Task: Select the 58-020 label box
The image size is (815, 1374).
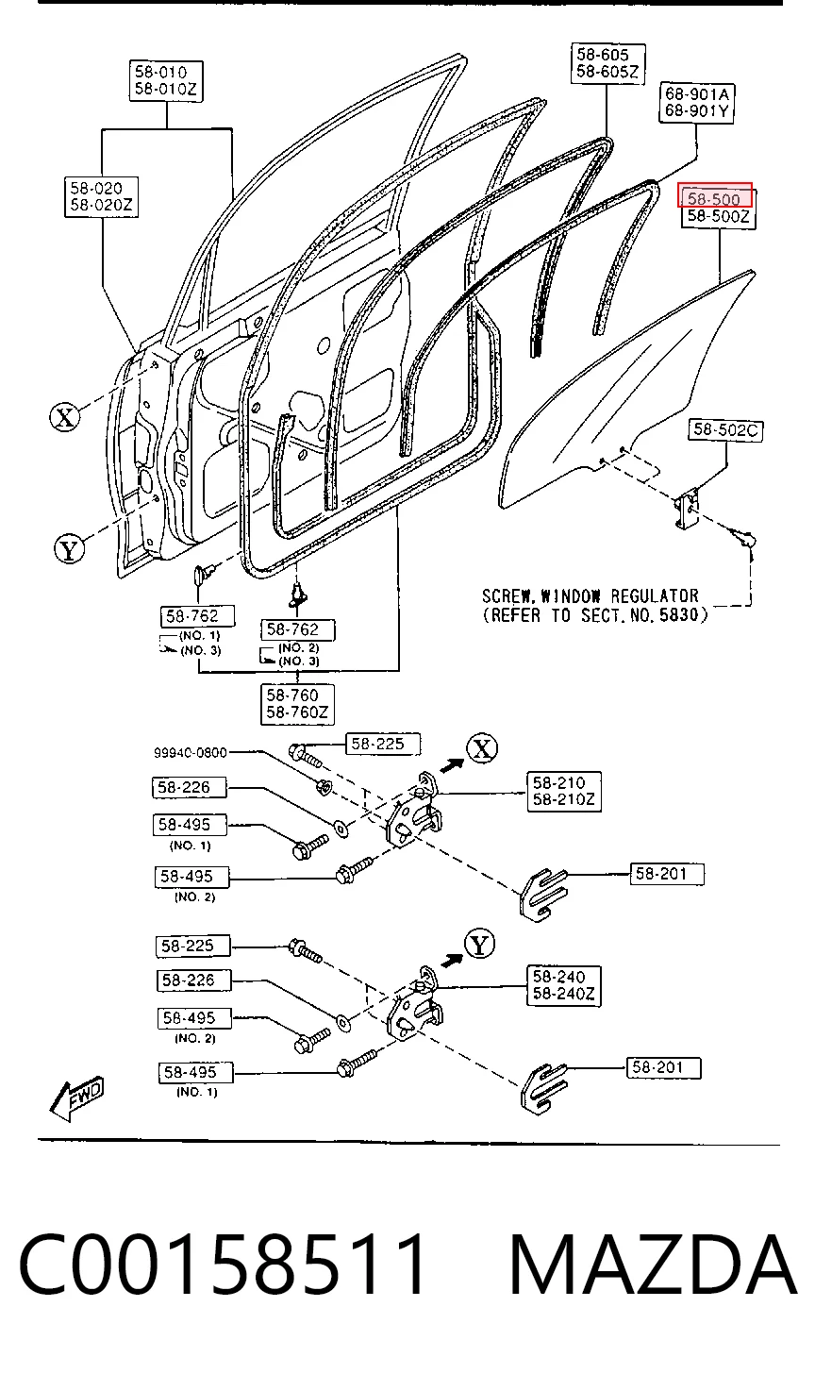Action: tap(101, 197)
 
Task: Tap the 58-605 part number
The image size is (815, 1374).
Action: tap(602, 55)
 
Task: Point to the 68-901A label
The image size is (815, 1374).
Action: tap(697, 94)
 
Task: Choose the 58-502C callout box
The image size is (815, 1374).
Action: tap(725, 430)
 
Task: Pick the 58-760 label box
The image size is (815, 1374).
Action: tap(297, 704)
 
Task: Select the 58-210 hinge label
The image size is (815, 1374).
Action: tap(558, 782)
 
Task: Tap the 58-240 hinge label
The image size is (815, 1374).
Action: tap(558, 977)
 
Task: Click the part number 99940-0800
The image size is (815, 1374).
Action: tap(191, 753)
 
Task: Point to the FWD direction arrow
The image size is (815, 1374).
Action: tap(76, 1099)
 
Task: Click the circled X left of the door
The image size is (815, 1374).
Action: tap(64, 418)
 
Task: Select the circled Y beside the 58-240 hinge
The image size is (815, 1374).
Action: tap(479, 945)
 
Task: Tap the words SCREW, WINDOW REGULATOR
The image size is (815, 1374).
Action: tap(590, 596)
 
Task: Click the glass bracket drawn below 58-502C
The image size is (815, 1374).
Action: tap(688, 509)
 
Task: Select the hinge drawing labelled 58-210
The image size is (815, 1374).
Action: tap(414, 811)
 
